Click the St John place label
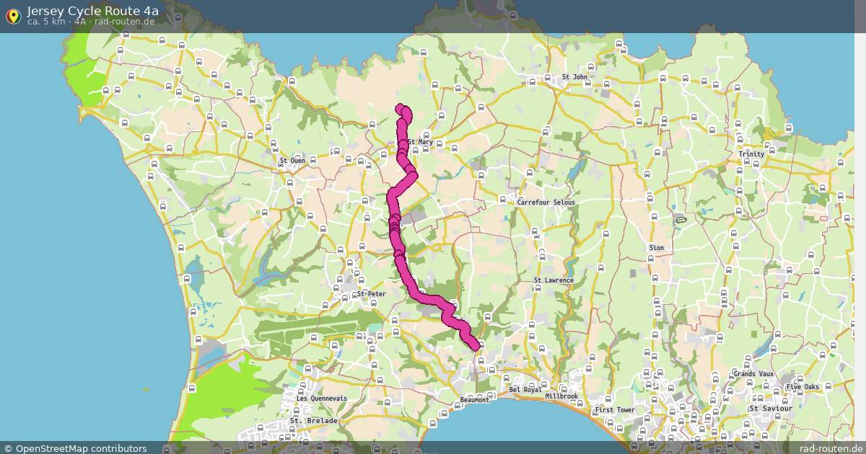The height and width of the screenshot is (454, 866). (x=574, y=77)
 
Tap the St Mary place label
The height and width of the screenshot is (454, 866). (x=420, y=142)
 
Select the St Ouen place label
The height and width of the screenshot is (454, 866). (x=292, y=161)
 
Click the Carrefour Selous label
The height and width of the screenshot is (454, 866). (x=546, y=202)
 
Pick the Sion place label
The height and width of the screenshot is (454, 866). (x=656, y=248)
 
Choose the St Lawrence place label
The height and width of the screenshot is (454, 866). (x=554, y=280)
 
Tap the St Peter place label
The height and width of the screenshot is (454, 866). (x=372, y=294)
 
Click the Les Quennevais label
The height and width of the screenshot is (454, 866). (x=321, y=399)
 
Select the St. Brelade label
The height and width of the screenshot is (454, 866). (x=313, y=421)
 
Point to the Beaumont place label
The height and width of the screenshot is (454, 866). (x=474, y=400)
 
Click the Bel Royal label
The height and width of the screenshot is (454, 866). (x=525, y=390)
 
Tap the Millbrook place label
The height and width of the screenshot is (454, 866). (x=561, y=396)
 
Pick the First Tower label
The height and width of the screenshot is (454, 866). (x=614, y=410)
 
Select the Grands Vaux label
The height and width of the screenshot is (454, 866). (x=753, y=374)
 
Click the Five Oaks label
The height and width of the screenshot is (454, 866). (x=802, y=387)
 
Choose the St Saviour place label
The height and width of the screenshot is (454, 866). (x=771, y=409)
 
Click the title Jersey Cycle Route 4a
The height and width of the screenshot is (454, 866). (x=92, y=11)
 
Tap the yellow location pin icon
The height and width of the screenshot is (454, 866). (x=13, y=16)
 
